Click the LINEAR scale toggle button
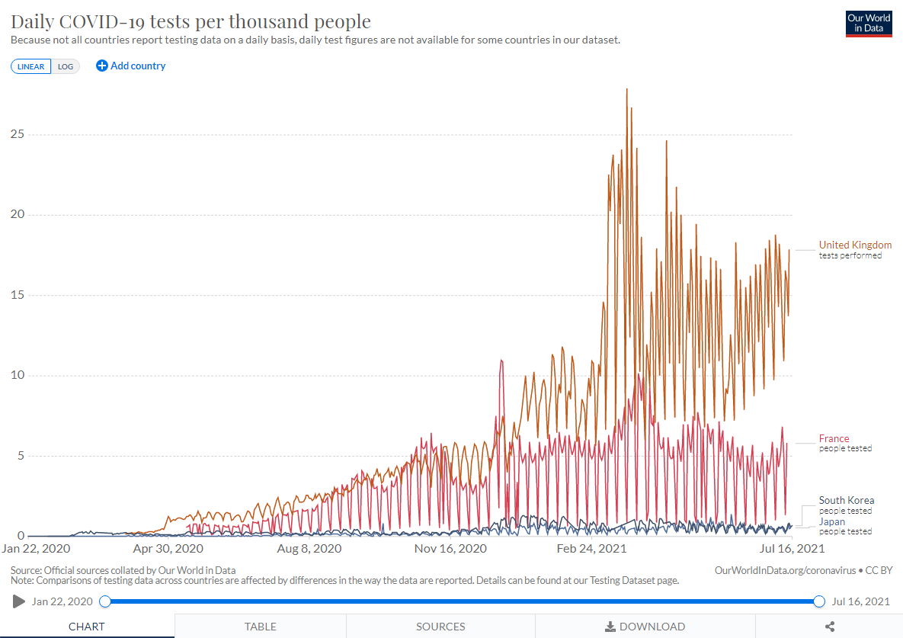[x=31, y=66]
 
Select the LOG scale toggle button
[x=66, y=66]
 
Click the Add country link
[x=131, y=66]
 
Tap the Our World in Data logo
[x=869, y=23]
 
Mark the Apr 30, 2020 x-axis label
[x=168, y=548]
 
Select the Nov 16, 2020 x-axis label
[x=450, y=548]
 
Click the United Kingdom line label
[x=855, y=245]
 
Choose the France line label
[x=834, y=438]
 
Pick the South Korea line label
[x=847, y=500]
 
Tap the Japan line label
[x=832, y=521]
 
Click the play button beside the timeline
[x=19, y=601]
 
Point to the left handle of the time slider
[x=105, y=601]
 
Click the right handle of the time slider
[x=819, y=601]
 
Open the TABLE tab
[x=261, y=627]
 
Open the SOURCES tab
[x=440, y=627]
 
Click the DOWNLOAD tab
[x=645, y=627]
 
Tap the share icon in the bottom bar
[x=830, y=627]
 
